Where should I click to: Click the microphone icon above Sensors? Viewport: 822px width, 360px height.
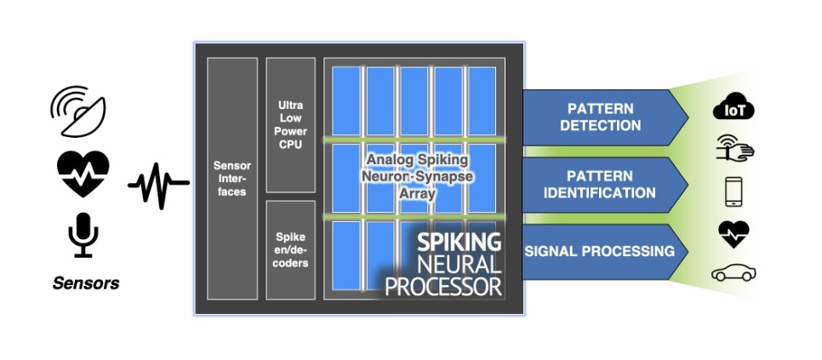pos(83,234)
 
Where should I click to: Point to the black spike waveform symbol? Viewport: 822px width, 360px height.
pos(158,181)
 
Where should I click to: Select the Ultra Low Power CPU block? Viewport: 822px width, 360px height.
pos(290,124)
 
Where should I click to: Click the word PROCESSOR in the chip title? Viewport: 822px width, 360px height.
pos(443,287)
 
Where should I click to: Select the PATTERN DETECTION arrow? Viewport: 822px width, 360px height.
pos(602,118)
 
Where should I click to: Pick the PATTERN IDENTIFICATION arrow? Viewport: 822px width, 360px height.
pos(602,186)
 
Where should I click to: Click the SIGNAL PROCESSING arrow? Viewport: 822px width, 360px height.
pos(602,251)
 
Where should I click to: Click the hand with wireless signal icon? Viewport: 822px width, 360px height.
pos(734,151)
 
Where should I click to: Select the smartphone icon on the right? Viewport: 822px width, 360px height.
pos(734,191)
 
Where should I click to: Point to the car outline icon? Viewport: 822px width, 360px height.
pos(734,273)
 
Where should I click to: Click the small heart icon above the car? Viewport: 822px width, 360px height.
pos(734,233)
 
